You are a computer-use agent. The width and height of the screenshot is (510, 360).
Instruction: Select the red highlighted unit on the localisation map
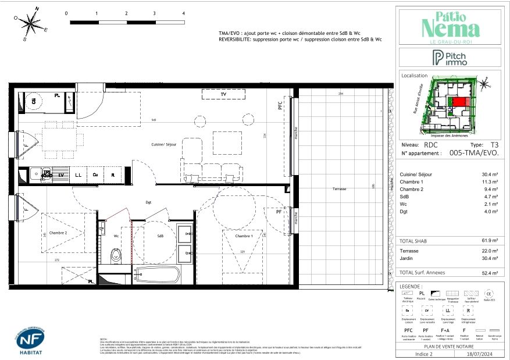point(459,102)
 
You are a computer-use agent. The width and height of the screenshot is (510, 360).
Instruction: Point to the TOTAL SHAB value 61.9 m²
point(487,240)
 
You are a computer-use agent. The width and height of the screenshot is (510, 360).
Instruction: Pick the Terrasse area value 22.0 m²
point(487,251)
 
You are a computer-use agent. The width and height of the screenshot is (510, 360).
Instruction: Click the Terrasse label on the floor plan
point(340,190)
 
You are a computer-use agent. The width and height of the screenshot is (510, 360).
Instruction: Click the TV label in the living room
point(223,94)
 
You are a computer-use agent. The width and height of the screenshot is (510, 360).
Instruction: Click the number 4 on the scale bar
point(183,13)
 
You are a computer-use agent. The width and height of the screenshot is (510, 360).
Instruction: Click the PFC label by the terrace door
point(279,106)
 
